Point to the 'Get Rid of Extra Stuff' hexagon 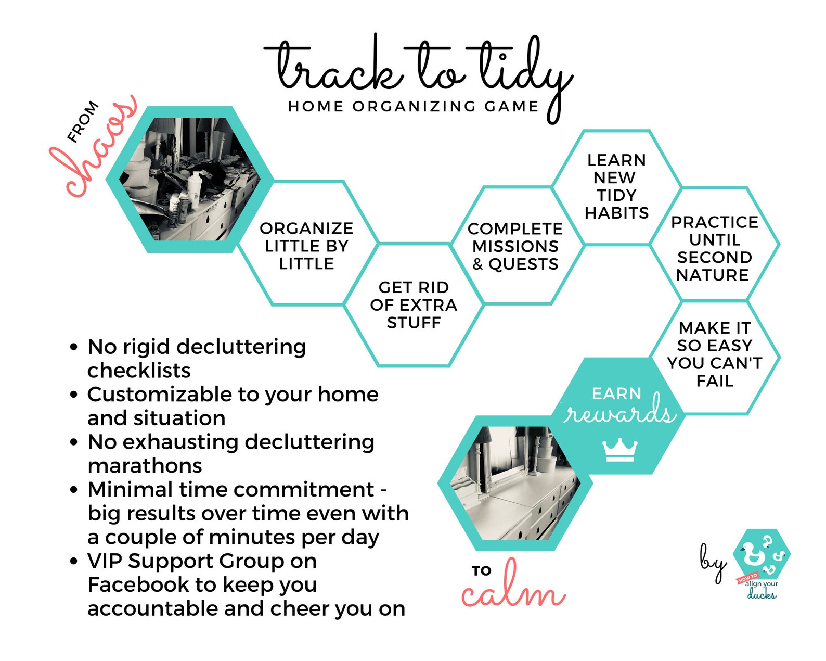(x=414, y=305)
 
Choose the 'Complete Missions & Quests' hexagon (x=515, y=246)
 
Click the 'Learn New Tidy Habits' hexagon (x=616, y=186)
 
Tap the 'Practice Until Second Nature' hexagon (x=714, y=248)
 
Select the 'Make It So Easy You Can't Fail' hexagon (x=715, y=354)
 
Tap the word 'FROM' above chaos (x=83, y=121)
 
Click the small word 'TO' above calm (x=482, y=571)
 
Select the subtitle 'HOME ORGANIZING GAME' (x=414, y=107)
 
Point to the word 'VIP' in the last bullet (x=105, y=561)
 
